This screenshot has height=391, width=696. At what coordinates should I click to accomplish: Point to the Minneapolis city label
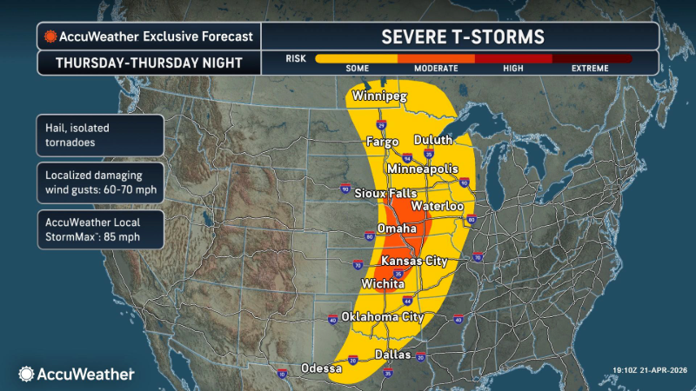(423, 168)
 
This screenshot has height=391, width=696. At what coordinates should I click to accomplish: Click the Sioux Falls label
(385, 193)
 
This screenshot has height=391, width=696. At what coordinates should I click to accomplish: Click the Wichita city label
(382, 284)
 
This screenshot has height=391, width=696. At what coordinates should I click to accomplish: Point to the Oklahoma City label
(383, 316)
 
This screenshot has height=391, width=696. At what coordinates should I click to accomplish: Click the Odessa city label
(322, 368)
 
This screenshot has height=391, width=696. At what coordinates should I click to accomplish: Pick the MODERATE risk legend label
(436, 69)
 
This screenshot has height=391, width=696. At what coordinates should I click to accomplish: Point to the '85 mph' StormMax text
(119, 237)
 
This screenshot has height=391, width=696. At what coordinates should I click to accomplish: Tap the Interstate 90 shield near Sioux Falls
(345, 189)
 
